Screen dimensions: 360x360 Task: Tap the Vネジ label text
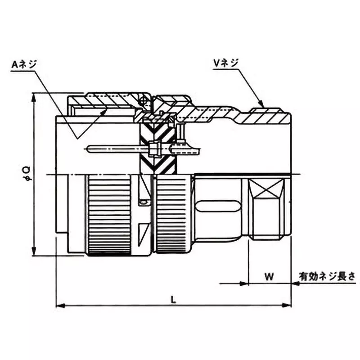click(x=229, y=63)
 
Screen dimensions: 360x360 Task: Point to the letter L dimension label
click(x=174, y=298)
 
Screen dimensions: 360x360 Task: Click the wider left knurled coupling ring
click(x=109, y=215)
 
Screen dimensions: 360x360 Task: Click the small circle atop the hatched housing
click(x=144, y=101)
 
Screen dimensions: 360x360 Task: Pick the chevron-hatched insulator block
click(x=157, y=148)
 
